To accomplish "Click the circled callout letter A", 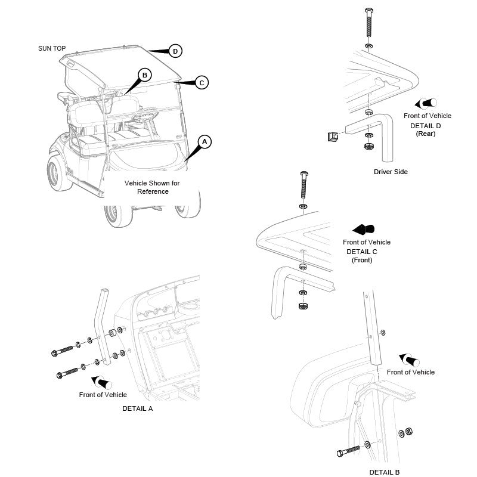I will [205, 142].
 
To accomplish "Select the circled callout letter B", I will [145, 75].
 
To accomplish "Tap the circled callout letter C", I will [202, 83].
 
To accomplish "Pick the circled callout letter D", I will [175, 51].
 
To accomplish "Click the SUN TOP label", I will [52, 48].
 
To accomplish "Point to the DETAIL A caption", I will [137, 408].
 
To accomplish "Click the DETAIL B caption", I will [384, 472].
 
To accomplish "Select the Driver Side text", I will [391, 172].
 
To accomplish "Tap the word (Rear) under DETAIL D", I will [426, 134].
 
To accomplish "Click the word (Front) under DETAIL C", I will [362, 260].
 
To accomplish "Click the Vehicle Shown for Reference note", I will [151, 187].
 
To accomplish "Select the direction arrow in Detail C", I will [363, 229].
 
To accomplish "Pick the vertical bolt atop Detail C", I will [304, 185].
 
